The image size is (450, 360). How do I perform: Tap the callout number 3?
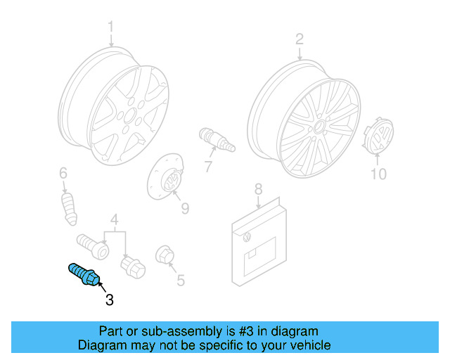point(109,300)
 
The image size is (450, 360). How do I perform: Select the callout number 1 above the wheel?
point(110,27)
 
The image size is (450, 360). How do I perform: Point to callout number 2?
point(299,39)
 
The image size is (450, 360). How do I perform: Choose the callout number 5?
point(181,281)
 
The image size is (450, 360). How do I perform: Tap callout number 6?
point(63,173)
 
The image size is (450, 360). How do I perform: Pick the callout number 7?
point(208,167)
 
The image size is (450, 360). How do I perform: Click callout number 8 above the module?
point(258,188)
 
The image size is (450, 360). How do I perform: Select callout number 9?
point(185,209)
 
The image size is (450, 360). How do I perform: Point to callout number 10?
point(378,173)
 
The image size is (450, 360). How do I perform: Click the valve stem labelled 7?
point(217,140)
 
